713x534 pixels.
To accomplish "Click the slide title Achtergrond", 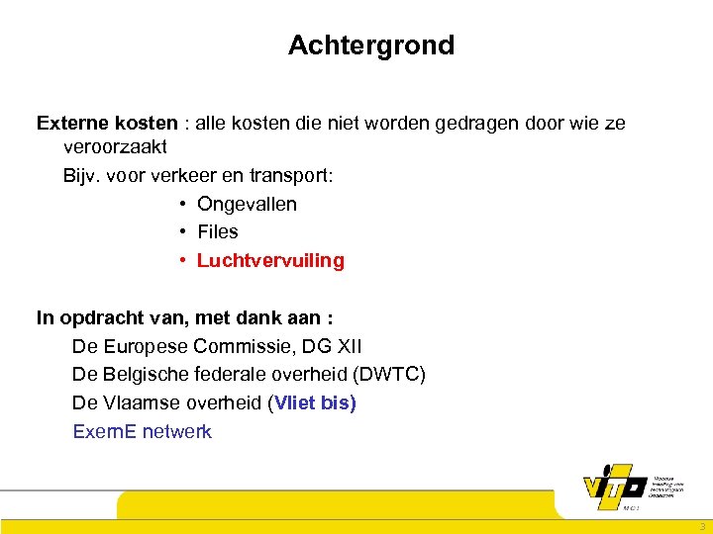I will coord(371,45).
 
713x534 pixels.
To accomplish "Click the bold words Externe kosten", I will coord(107,124).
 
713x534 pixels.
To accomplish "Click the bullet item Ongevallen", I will coord(247,204).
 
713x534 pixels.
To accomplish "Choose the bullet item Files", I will coord(218,231).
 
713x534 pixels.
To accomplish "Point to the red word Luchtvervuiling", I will coord(270,261).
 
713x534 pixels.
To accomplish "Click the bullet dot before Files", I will coord(184,231).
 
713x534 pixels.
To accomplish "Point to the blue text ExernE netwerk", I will coord(142,432).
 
